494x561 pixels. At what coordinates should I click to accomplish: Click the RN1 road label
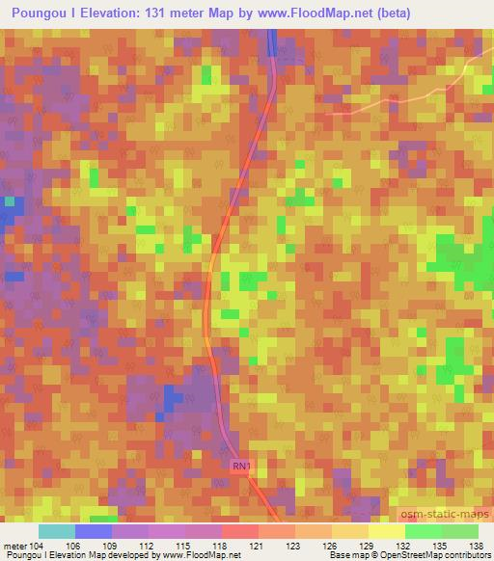(242, 467)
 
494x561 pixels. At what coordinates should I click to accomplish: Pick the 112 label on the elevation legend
(148, 546)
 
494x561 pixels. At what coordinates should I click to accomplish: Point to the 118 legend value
(221, 546)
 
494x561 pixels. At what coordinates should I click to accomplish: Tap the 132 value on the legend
(404, 546)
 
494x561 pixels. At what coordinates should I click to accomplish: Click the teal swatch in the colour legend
(56, 531)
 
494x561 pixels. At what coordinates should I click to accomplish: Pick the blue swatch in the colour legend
(93, 531)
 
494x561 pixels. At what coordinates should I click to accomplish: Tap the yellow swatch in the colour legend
(386, 531)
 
